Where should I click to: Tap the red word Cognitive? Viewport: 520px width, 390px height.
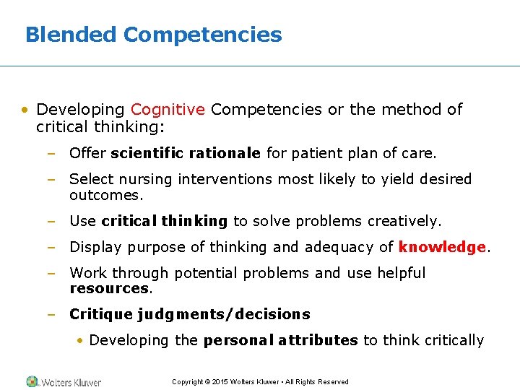(168, 110)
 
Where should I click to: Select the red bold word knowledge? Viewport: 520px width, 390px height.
(442, 247)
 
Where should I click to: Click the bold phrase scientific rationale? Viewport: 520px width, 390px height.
(186, 153)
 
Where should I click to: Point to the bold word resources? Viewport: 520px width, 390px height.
(109, 288)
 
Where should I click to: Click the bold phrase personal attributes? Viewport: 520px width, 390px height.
(280, 340)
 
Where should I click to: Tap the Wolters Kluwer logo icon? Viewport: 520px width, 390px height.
(32, 381)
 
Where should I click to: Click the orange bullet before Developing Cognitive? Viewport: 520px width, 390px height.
(25, 110)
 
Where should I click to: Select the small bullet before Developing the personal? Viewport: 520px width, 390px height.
(82, 341)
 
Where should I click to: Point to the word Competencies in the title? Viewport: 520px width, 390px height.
(202, 35)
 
